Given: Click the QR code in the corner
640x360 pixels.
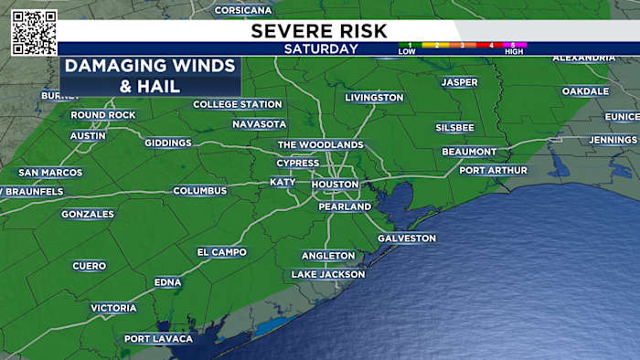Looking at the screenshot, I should pyautogui.click(x=34, y=32).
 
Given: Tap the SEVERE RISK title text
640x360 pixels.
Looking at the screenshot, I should pyautogui.click(x=319, y=31).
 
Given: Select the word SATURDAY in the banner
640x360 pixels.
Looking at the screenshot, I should pyautogui.click(x=320, y=49).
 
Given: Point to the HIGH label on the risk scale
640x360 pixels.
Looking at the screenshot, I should pyautogui.click(x=514, y=52).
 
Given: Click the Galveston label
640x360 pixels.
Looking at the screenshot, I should pyautogui.click(x=407, y=238).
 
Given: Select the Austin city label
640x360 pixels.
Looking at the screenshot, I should pyautogui.click(x=89, y=136).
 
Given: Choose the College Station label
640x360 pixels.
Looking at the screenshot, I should pyautogui.click(x=238, y=104).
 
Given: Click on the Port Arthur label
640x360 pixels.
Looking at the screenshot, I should pyautogui.click(x=493, y=170).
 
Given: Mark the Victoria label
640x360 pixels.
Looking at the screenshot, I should pyautogui.click(x=113, y=309).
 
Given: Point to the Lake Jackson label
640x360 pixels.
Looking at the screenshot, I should pyautogui.click(x=328, y=274).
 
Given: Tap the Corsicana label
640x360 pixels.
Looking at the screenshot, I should pyautogui.click(x=243, y=10).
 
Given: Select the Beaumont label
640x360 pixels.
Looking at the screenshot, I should pyautogui.click(x=469, y=152).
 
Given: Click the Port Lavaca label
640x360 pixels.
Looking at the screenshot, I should pyautogui.click(x=159, y=339).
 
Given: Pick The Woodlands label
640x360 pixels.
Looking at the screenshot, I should pyautogui.click(x=320, y=144).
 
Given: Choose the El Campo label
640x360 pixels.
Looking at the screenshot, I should pyautogui.click(x=221, y=252).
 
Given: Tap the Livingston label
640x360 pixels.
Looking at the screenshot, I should pyautogui.click(x=374, y=97).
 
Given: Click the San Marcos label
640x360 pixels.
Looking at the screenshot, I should pyautogui.click(x=50, y=173).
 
